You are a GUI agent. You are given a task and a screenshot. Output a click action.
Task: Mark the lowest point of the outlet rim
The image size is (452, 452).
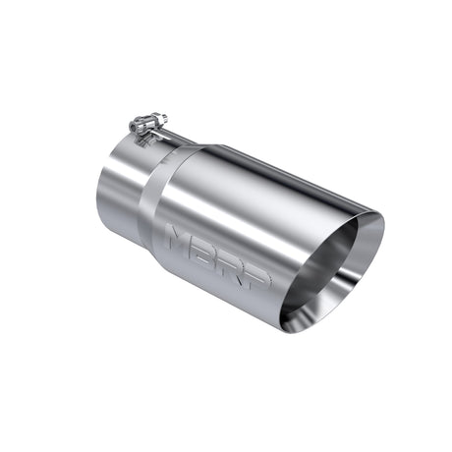click(285, 328)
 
